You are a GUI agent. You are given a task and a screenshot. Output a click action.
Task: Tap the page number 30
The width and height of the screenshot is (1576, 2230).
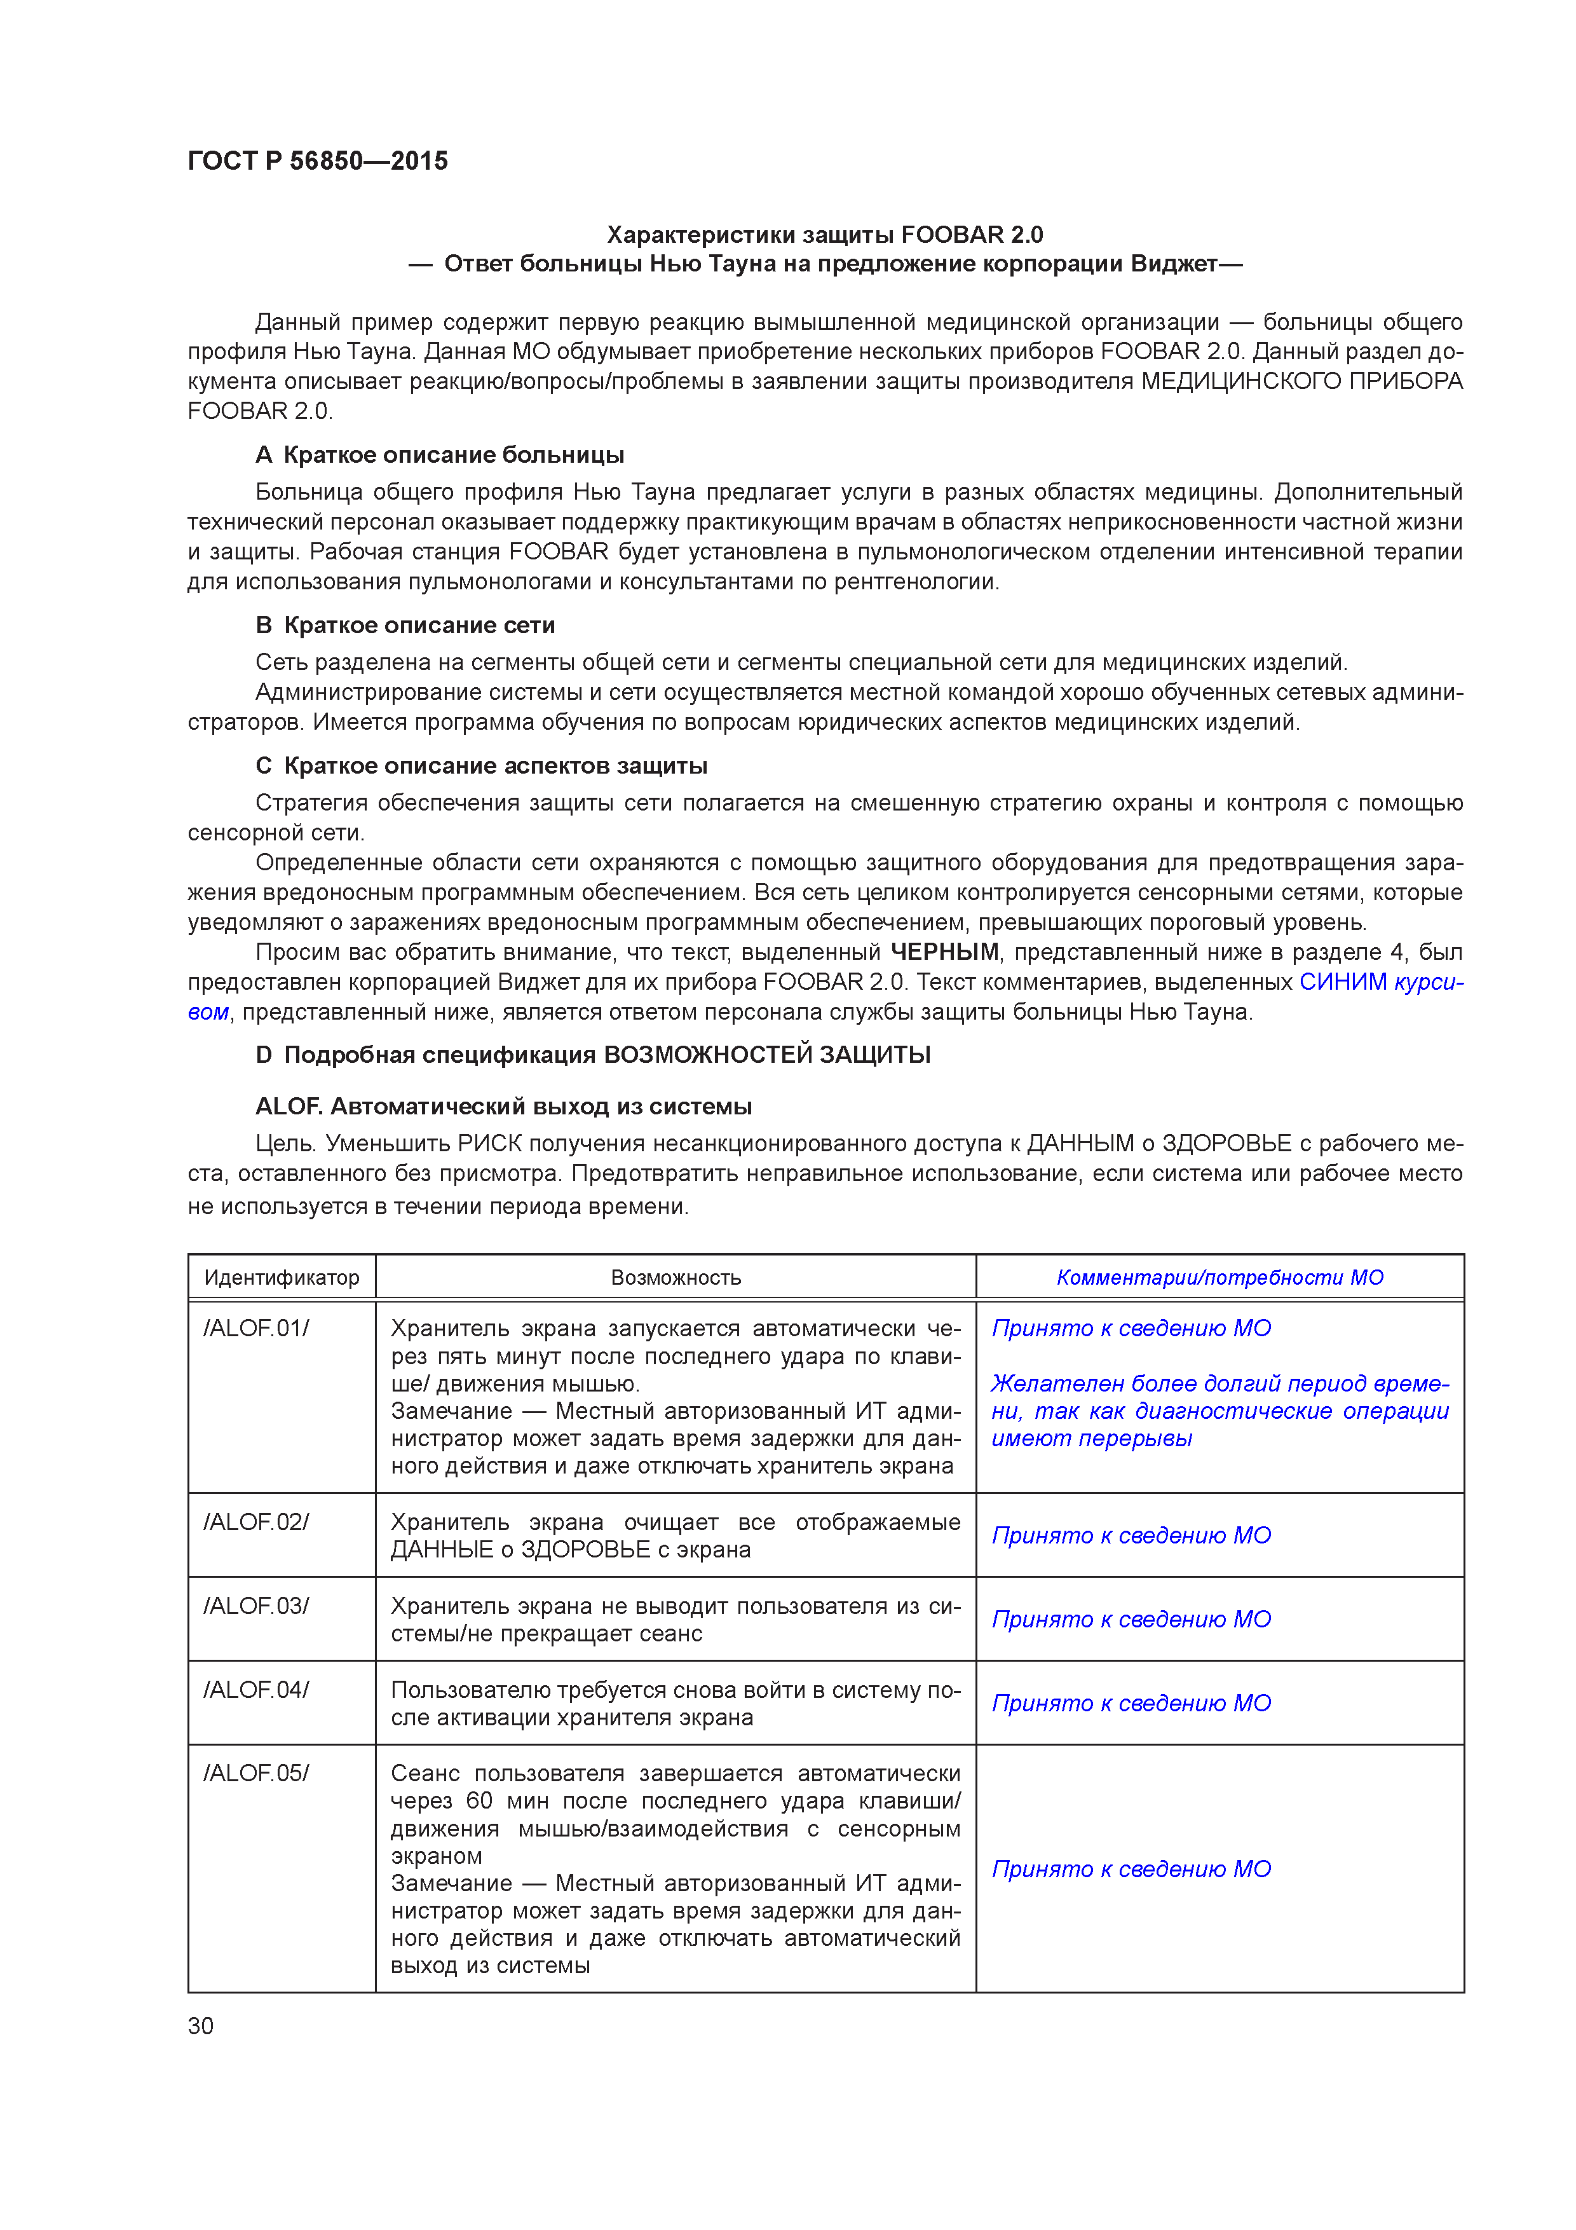(x=200, y=2025)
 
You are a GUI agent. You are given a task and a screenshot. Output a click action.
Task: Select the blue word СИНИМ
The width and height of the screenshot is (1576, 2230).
(x=1342, y=982)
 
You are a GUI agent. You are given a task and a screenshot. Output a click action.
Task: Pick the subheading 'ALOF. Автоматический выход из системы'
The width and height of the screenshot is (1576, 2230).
(x=503, y=1106)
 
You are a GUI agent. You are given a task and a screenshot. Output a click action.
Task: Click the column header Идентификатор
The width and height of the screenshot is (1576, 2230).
(x=282, y=1277)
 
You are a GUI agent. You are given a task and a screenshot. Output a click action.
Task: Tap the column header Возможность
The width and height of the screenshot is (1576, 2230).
(x=676, y=1277)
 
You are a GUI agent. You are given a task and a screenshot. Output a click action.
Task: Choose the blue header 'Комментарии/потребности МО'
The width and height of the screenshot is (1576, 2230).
(x=1219, y=1277)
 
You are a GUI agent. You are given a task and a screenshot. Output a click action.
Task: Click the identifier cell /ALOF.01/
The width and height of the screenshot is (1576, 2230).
(x=256, y=1328)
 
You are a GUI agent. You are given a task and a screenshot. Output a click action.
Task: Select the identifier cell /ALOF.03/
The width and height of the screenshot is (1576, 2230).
(x=256, y=1606)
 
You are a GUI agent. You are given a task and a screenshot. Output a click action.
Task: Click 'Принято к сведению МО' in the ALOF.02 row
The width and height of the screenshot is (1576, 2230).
(x=1131, y=1536)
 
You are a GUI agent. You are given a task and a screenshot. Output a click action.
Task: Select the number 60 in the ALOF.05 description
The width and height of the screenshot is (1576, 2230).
(x=480, y=1801)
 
